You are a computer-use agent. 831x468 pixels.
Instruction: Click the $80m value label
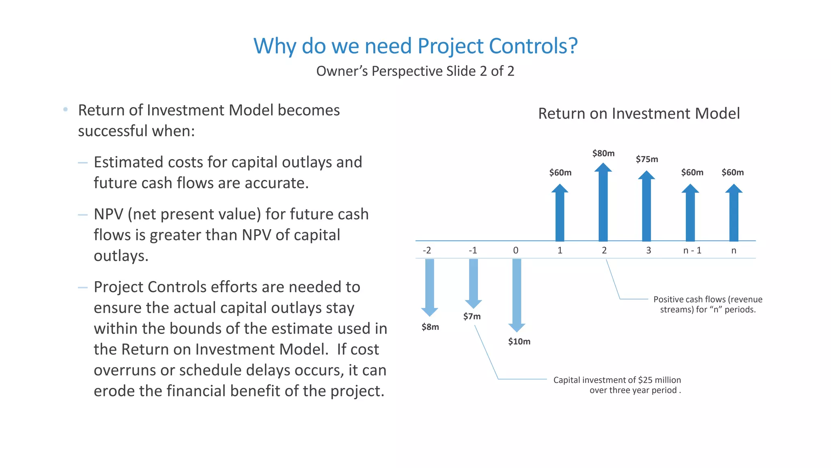pos(603,153)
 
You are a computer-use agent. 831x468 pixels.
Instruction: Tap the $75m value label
pos(647,159)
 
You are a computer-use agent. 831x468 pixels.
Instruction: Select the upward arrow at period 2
pos(603,203)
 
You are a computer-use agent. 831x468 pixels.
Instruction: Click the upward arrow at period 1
pos(560,213)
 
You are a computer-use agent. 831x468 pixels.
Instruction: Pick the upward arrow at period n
pos(733,213)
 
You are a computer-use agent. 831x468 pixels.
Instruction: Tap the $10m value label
pos(519,342)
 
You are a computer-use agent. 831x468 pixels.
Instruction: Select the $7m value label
pos(472,316)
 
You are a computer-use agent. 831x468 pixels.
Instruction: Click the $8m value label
pos(430,327)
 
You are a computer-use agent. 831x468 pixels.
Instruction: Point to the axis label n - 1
pos(692,250)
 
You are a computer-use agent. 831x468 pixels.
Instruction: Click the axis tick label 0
pos(516,250)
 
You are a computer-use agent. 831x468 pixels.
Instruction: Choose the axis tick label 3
pos(648,250)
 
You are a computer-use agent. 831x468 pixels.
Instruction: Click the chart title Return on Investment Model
pos(639,113)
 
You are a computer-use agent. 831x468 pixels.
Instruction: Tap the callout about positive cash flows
pos(707,304)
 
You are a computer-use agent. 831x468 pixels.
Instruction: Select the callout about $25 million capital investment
pos(617,385)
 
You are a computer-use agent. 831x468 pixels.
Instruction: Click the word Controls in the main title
pos(528,46)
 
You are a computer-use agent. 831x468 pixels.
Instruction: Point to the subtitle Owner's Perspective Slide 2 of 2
pos(415,71)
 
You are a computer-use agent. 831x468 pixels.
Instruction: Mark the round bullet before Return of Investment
pos(65,110)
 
